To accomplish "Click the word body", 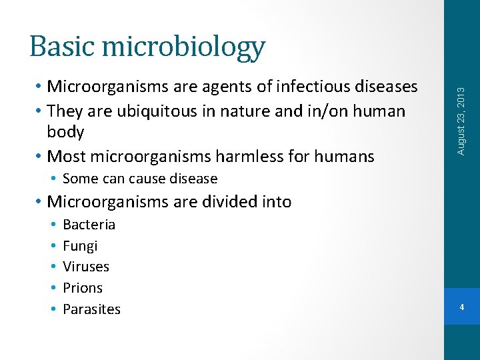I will pyautogui.click(x=65, y=132).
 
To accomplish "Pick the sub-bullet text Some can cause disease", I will pyautogui.click(x=140, y=179).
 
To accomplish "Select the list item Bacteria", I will pyautogui.click(x=89, y=225).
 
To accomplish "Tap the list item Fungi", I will pyautogui.click(x=80, y=246).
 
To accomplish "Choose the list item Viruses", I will pyautogui.click(x=86, y=267).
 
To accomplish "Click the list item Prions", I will pyautogui.click(x=83, y=288).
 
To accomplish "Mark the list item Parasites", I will pyautogui.click(x=91, y=309).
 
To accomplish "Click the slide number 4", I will pyautogui.click(x=462, y=307).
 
